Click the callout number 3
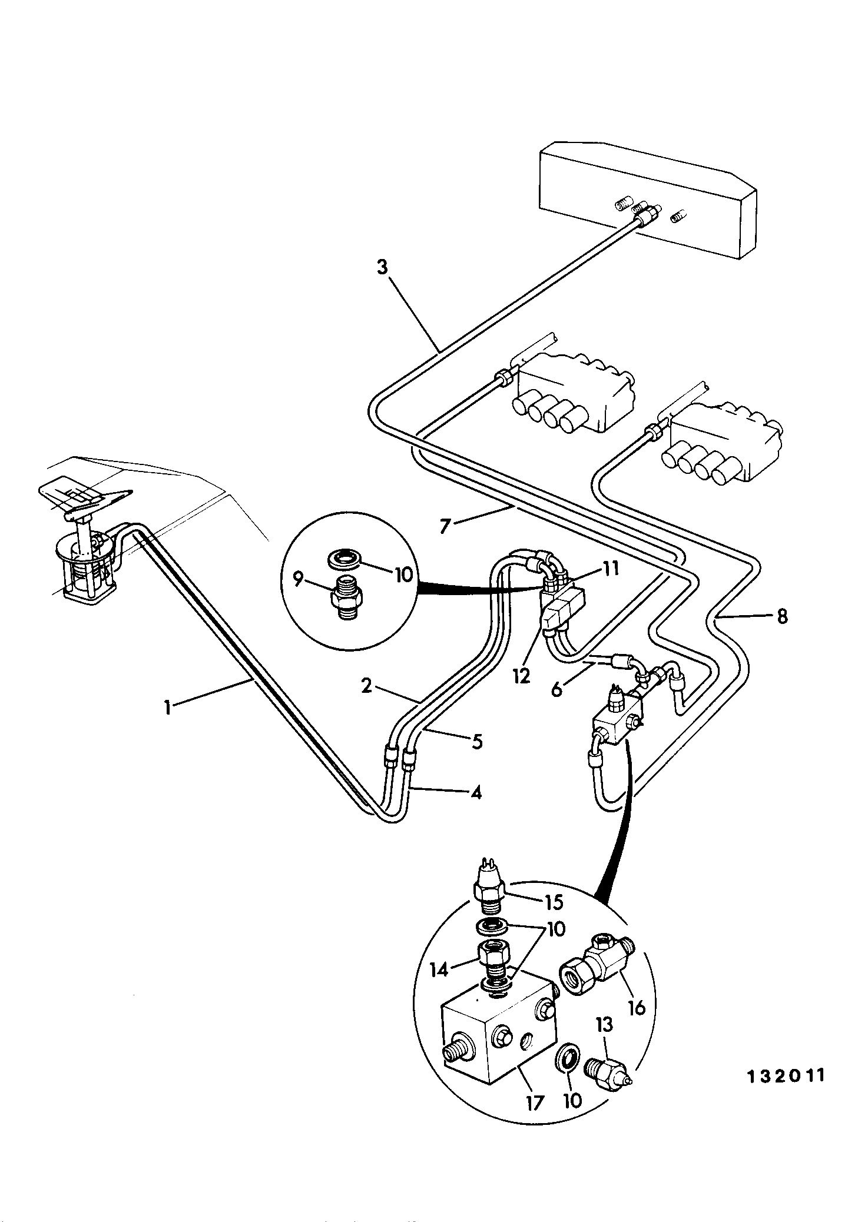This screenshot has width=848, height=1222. pos(383,268)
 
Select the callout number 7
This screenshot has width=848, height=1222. pos(445,525)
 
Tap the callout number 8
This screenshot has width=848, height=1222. pos(781,618)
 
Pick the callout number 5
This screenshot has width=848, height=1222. pos(477,742)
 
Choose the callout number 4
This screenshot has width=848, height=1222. pos(476,793)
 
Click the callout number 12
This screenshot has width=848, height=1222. pos(522,676)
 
